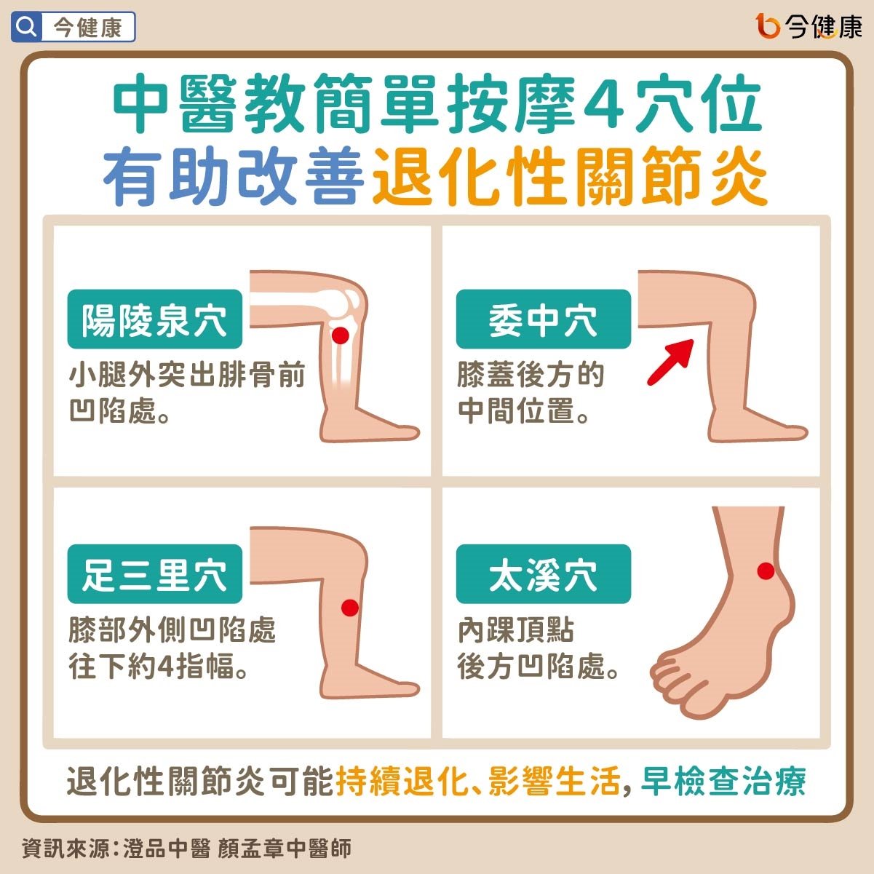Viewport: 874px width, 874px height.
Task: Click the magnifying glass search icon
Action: (x=26, y=27)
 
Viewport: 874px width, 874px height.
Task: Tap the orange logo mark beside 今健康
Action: (x=768, y=26)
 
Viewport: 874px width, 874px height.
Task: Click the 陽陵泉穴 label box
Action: (x=155, y=319)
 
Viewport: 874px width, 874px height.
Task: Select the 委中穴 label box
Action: (x=544, y=319)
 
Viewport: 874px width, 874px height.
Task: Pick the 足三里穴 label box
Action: (x=155, y=574)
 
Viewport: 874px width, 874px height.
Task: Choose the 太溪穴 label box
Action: (x=544, y=574)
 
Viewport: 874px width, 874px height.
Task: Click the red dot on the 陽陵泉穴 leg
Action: (x=340, y=335)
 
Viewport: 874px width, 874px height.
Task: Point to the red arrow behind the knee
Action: (x=670, y=362)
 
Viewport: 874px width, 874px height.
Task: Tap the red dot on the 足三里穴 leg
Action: (x=350, y=608)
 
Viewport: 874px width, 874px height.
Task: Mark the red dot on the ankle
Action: (x=766, y=571)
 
